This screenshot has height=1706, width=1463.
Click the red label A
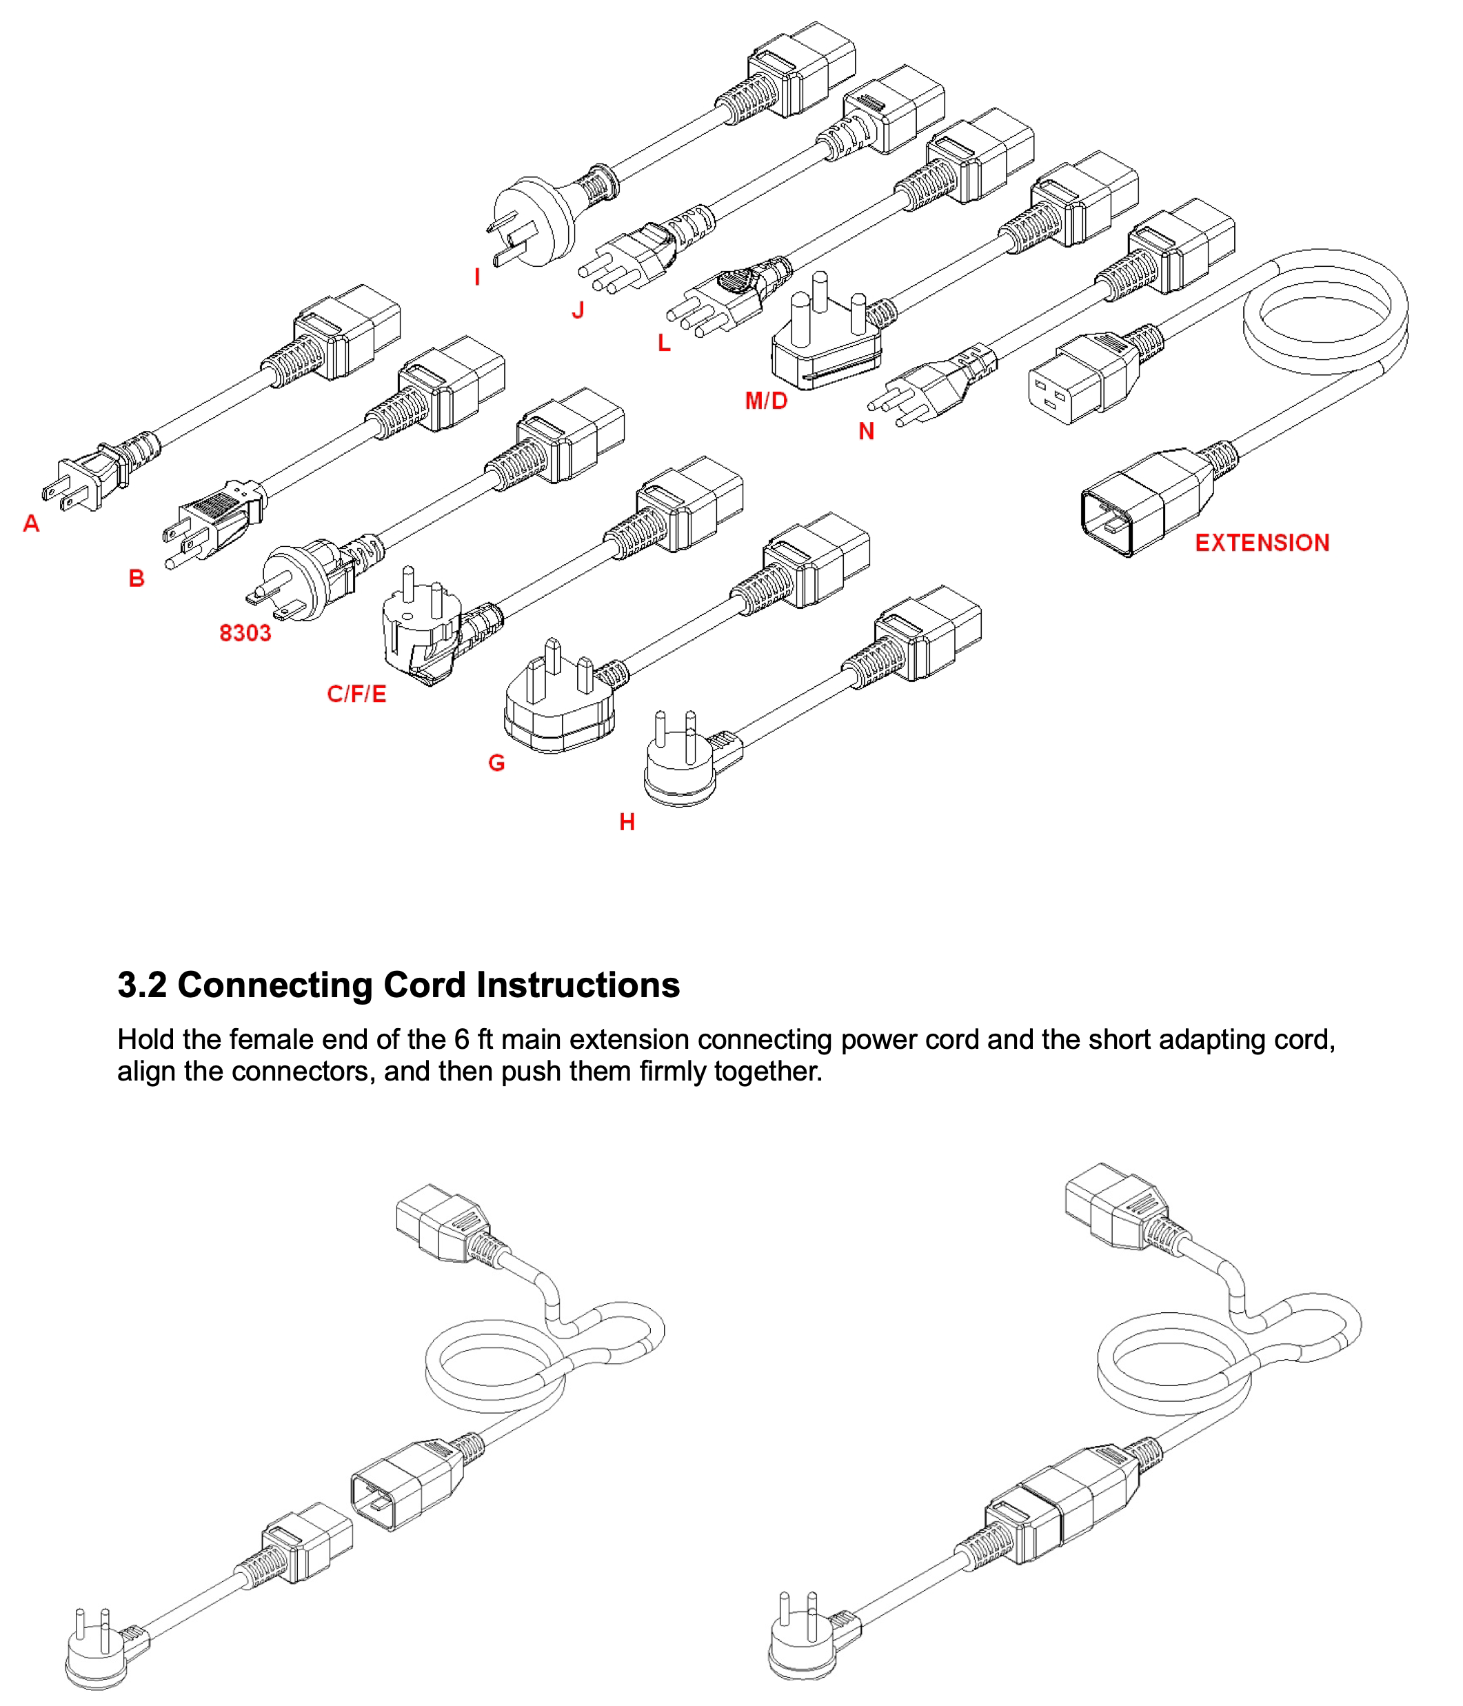[x=31, y=523]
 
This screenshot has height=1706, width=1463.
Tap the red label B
[x=137, y=578]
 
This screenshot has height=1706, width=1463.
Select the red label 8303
[x=245, y=633]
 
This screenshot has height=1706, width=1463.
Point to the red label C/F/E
[x=356, y=694]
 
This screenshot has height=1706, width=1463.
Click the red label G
[x=496, y=763]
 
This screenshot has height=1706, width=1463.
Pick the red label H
[x=627, y=822]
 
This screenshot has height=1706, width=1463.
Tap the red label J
[x=578, y=310]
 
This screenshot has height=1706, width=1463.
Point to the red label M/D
[x=767, y=401]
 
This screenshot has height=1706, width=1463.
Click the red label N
[x=866, y=432]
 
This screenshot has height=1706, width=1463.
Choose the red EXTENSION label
[x=1262, y=543]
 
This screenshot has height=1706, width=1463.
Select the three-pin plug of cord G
[x=559, y=696]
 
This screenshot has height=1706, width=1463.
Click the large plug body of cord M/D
[x=827, y=344]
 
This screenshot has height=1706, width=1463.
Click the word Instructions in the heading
[x=578, y=985]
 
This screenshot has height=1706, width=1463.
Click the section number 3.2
[x=141, y=985]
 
